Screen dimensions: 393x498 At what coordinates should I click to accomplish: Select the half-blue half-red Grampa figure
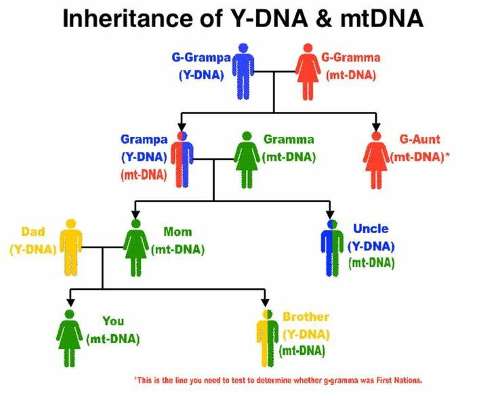tap(182, 160)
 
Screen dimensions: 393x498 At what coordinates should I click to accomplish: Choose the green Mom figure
tap(136, 247)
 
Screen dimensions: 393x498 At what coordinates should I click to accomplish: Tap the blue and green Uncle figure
tap(331, 247)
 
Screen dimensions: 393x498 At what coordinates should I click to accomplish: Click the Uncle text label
tap(370, 229)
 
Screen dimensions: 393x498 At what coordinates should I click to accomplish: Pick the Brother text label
tap(306, 317)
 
